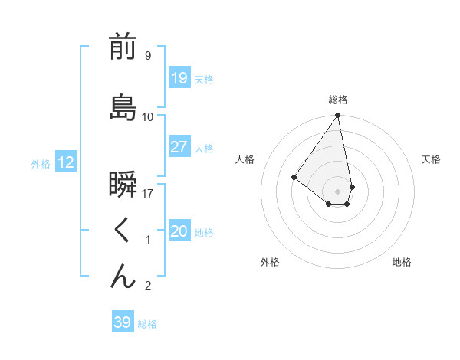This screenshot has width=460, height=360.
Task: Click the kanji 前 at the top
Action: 123,47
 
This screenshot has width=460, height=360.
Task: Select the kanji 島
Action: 123,106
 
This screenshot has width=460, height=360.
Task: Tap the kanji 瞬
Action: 123,188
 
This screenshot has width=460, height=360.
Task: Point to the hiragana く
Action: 123,231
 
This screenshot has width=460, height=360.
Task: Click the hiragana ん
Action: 123,276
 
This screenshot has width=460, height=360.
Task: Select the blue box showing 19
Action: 179,78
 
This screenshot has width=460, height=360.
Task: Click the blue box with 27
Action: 179,147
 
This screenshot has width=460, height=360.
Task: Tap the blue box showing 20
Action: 179,231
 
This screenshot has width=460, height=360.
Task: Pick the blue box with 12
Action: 65,162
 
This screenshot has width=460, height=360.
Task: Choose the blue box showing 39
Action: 122,322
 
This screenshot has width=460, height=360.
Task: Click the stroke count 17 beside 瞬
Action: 149,193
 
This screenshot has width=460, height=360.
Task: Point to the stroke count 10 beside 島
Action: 148,116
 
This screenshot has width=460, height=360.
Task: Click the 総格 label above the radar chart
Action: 337,100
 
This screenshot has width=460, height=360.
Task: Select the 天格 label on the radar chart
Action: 431,159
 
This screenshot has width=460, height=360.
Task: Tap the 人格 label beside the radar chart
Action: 245,159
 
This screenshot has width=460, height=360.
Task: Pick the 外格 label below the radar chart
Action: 270,262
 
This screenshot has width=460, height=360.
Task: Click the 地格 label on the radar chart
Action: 402,262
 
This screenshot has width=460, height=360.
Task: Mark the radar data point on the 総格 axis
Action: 337,116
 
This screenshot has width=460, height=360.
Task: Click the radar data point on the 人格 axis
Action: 294,177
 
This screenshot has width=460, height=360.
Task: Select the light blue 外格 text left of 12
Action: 41,163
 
